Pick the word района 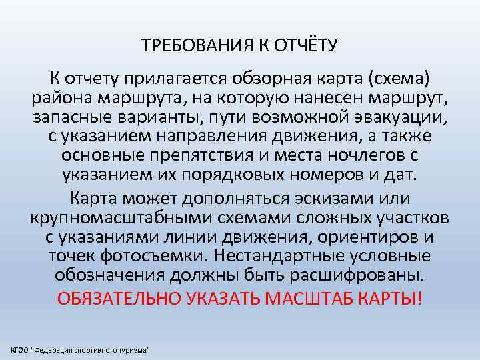[x=61, y=99]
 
